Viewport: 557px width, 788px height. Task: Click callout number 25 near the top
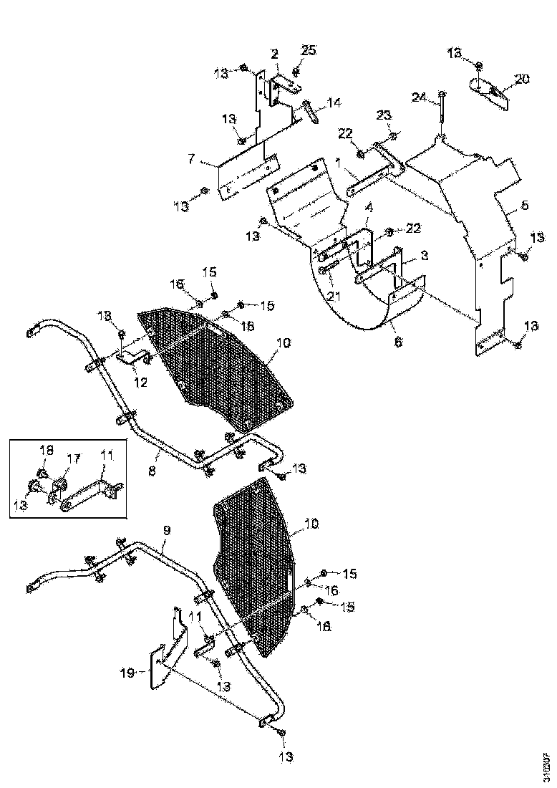[308, 49]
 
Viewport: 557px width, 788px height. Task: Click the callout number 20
[522, 79]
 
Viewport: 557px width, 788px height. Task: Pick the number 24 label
[420, 97]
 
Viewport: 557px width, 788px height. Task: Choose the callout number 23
[384, 116]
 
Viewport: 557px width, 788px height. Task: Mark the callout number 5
[525, 205]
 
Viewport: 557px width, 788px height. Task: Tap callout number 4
[369, 207]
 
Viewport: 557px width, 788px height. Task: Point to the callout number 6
[398, 342]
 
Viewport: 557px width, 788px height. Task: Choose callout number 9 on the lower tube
[166, 531]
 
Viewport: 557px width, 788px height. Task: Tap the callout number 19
[126, 673]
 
